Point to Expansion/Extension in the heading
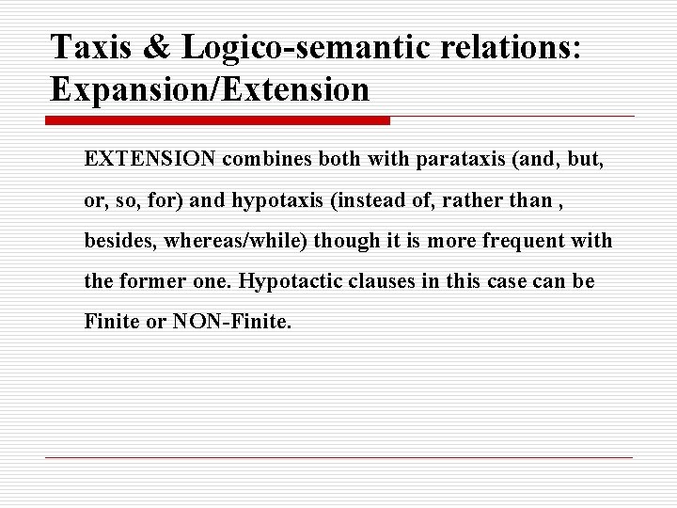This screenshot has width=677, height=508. coord(211,89)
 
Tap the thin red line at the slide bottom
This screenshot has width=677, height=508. coord(338,457)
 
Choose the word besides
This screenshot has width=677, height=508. coord(119,241)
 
